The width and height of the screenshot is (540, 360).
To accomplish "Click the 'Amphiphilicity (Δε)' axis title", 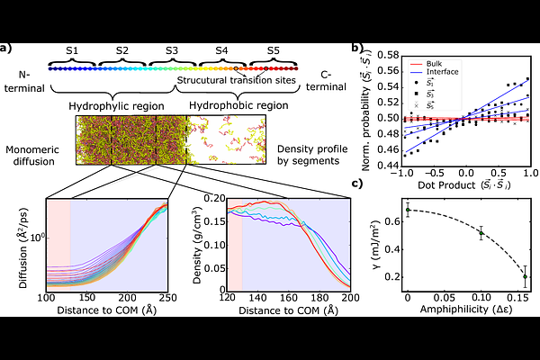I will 465,309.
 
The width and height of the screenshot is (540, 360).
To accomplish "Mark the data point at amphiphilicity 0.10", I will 481,233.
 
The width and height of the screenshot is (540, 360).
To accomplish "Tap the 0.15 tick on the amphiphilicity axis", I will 517,294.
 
